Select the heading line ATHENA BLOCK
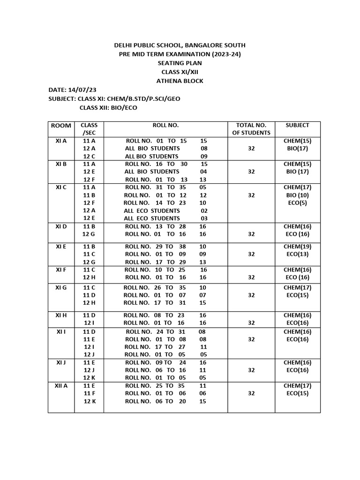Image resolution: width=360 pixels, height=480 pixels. (180, 81)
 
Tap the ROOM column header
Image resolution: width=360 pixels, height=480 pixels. (61, 125)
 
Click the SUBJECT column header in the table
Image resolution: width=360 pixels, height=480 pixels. (297, 125)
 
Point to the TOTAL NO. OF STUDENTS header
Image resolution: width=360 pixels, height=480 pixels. (251, 129)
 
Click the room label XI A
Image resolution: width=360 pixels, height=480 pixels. (61, 141)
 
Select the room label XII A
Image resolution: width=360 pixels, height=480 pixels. (61, 386)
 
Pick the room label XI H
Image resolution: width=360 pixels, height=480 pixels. (61, 315)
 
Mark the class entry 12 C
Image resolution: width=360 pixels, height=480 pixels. (89, 156)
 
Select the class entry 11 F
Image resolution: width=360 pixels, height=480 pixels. (89, 394)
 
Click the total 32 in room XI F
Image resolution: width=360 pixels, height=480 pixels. (251, 277)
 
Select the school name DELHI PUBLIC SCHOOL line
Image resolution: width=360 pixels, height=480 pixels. (180, 45)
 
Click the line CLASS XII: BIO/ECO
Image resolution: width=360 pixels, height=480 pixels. (108, 108)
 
